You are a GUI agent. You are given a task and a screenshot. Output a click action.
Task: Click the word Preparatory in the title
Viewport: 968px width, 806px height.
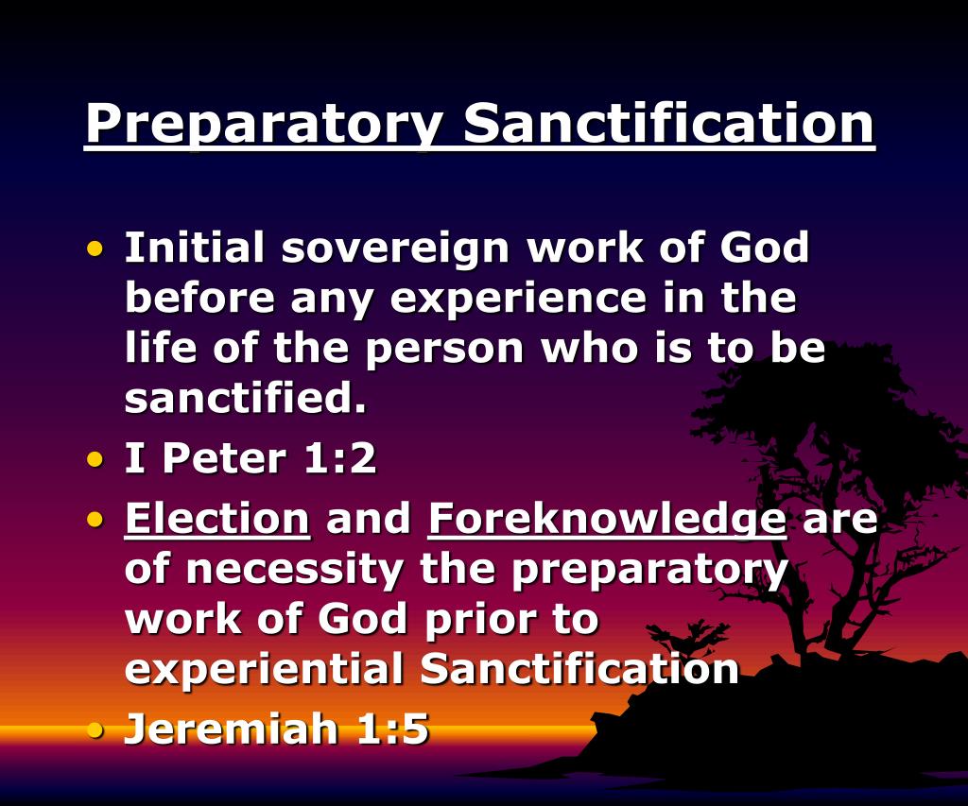tap(264, 123)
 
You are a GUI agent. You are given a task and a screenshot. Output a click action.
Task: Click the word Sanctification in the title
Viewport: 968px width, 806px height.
tap(668, 123)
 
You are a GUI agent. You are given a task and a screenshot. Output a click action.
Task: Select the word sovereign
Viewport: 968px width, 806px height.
tap(396, 249)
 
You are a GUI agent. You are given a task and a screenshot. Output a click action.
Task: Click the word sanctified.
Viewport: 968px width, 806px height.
tap(245, 399)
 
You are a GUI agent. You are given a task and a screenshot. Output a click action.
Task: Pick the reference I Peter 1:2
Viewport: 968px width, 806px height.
tap(251, 459)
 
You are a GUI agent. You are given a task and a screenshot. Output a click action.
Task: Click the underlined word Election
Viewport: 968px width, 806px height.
tap(217, 519)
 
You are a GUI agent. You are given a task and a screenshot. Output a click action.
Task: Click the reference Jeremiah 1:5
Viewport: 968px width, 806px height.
tap(277, 729)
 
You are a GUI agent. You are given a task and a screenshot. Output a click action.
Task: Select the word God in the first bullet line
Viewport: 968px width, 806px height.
tap(765, 249)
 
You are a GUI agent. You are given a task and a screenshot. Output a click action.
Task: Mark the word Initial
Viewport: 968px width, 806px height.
tap(195, 249)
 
